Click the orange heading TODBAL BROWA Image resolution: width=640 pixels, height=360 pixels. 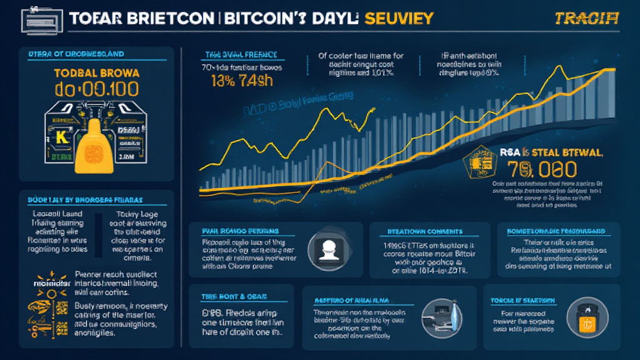coord(97,71)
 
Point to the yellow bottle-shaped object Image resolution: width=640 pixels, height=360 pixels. coord(96,145)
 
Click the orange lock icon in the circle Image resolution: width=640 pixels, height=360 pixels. coord(587,322)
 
